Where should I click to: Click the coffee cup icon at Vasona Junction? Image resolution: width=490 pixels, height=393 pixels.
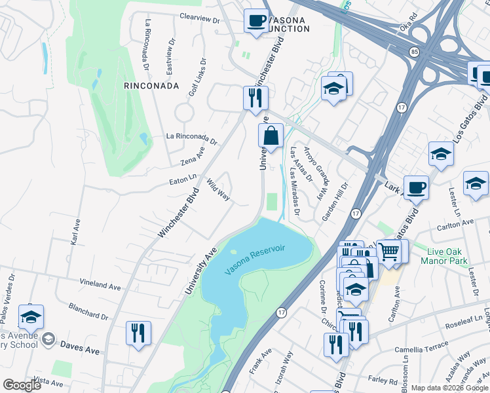pyautogui.click(x=255, y=20)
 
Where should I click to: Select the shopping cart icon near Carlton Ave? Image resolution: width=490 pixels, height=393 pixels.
pyautogui.click(x=389, y=250)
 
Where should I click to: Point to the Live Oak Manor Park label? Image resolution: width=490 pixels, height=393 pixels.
pyautogui.click(x=446, y=256)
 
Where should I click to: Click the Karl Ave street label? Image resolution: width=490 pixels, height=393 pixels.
pyautogui.click(x=74, y=231)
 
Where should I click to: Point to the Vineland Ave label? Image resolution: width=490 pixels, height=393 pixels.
pyautogui.click(x=100, y=286)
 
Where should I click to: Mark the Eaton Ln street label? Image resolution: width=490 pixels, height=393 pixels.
pyautogui.click(x=183, y=178)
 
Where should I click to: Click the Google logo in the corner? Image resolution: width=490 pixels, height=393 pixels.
pyautogui.click(x=22, y=385)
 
